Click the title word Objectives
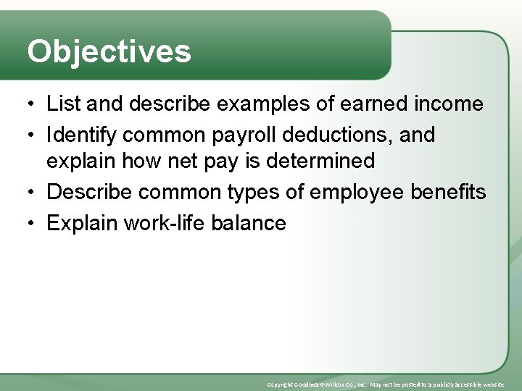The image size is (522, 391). [109, 51]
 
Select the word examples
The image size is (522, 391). [251, 104]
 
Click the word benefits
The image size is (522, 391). [450, 192]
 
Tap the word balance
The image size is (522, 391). [249, 223]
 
